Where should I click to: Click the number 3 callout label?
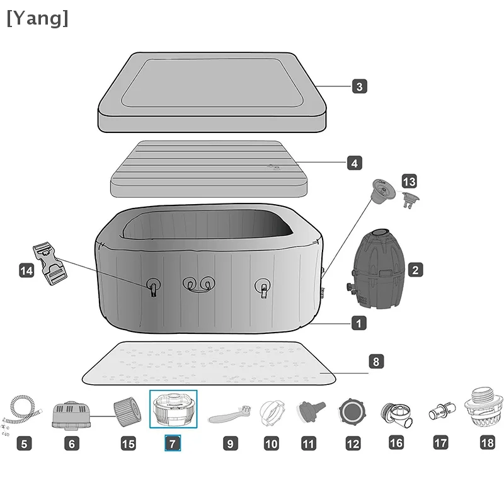tap(359, 86)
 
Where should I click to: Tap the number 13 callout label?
tap(409, 182)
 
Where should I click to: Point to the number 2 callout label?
tap(415, 270)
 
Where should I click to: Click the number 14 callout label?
tap(26, 271)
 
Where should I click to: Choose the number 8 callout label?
tap(375, 362)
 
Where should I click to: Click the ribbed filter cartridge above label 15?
tap(126, 411)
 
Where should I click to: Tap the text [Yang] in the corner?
tap(37, 18)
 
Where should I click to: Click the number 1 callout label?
tap(358, 324)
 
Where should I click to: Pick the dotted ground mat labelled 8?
tap(208, 364)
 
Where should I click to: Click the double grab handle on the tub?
tap(197, 285)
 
